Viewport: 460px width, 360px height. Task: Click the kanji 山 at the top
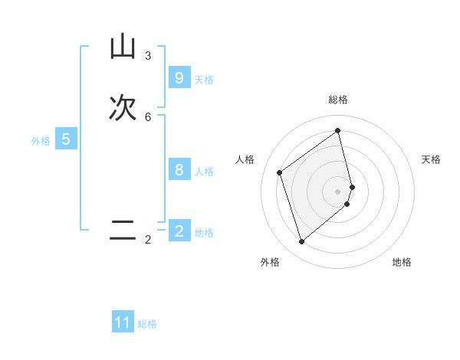click(x=123, y=47)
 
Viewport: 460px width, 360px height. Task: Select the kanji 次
click(x=123, y=108)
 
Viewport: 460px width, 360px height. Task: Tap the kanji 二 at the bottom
click(x=123, y=231)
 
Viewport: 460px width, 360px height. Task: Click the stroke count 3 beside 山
click(x=148, y=56)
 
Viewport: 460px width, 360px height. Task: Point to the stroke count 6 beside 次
click(x=148, y=117)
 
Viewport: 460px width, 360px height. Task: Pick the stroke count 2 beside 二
click(x=148, y=240)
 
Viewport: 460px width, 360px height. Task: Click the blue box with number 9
click(x=179, y=78)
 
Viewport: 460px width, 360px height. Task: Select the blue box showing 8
click(x=179, y=170)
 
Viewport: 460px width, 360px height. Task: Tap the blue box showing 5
click(x=66, y=139)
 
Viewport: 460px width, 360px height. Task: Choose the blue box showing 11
click(x=123, y=322)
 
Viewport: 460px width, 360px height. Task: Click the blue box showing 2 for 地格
click(x=179, y=231)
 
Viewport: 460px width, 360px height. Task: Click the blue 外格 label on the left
click(x=41, y=141)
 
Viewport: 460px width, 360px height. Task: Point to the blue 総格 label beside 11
click(x=147, y=324)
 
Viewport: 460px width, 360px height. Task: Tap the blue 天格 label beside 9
click(x=204, y=80)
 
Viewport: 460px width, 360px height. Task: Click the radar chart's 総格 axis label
click(x=338, y=100)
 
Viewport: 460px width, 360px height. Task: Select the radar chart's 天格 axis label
click(x=432, y=159)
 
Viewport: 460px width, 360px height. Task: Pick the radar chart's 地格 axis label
click(x=402, y=262)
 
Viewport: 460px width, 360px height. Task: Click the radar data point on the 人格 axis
click(x=280, y=172)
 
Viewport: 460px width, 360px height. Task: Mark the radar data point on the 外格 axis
click(x=301, y=242)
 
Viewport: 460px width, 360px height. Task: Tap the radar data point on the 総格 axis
click(x=338, y=130)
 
